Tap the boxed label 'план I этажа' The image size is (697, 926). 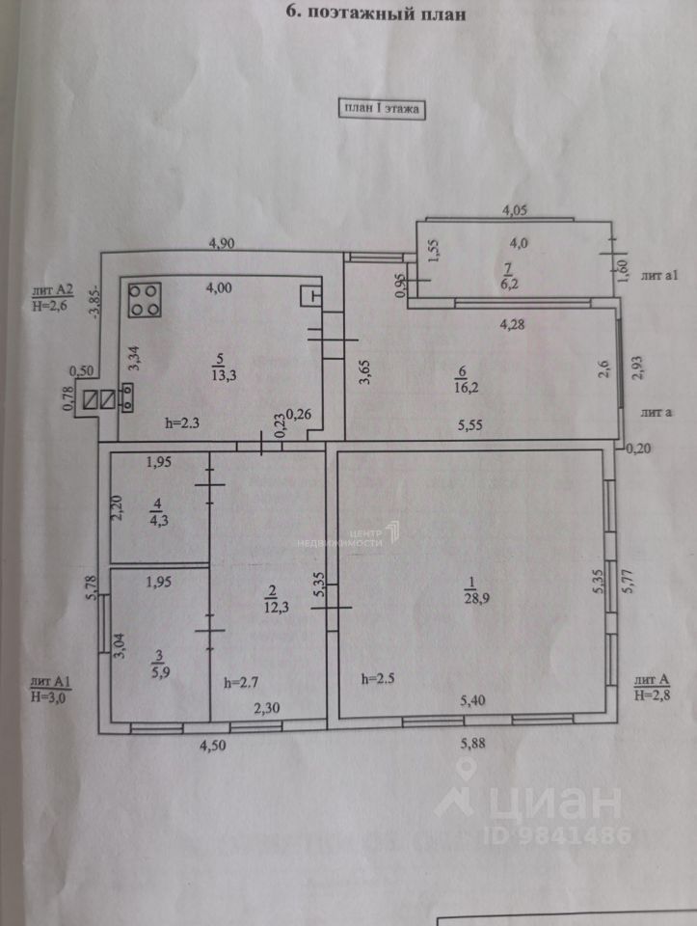(x=382, y=109)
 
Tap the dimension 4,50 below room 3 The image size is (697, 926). (x=213, y=744)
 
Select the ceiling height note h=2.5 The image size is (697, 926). (x=378, y=678)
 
